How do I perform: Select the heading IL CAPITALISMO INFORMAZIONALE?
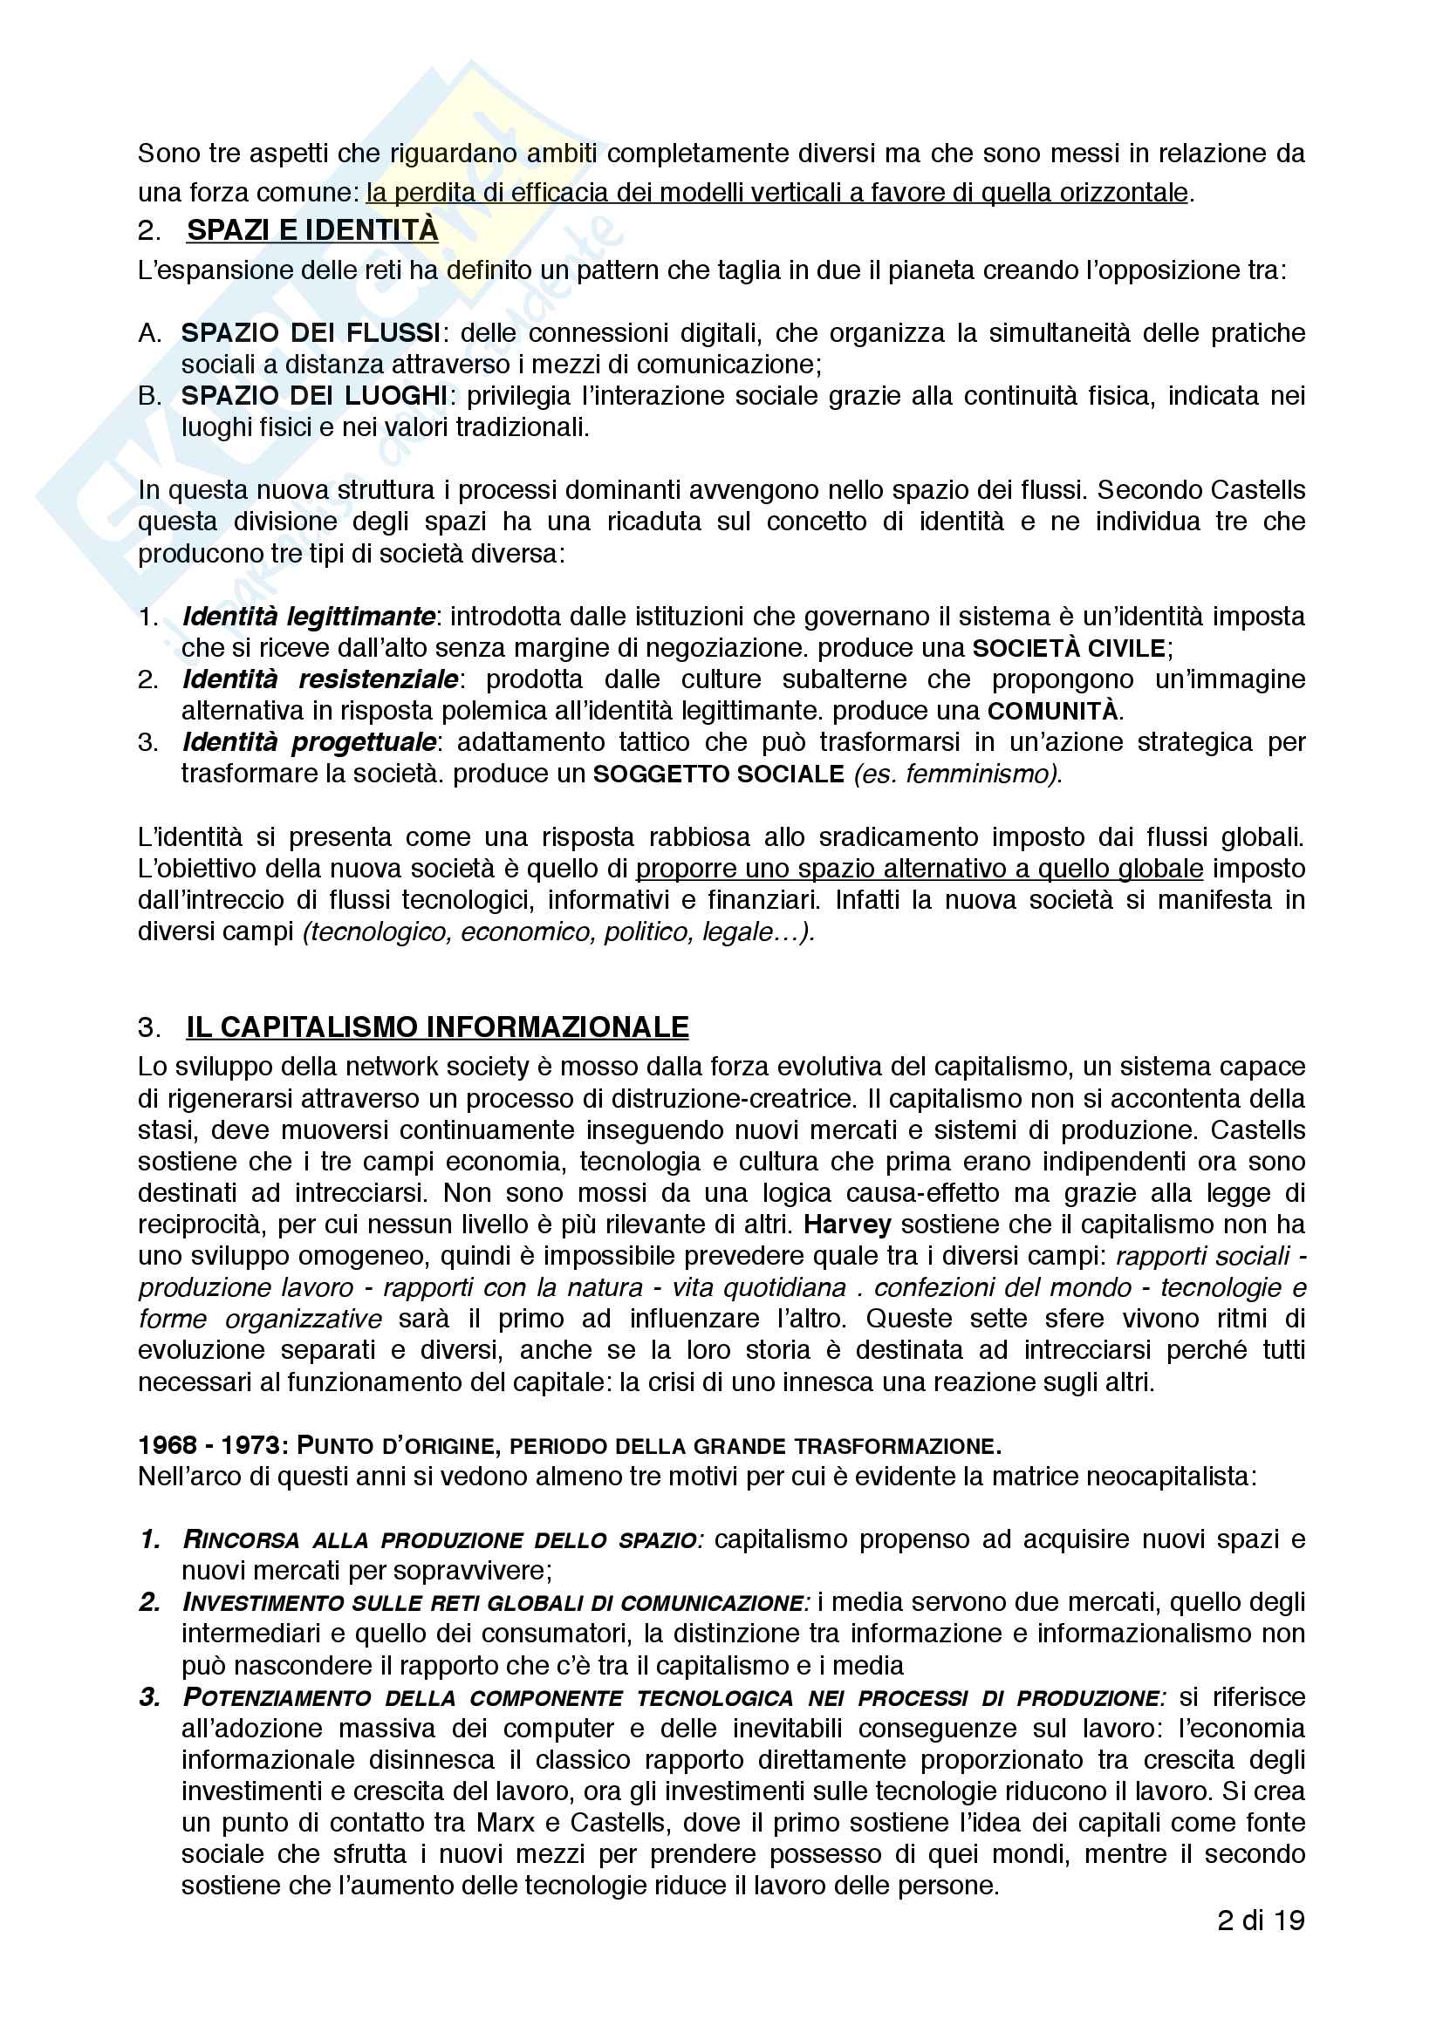(x=437, y=1027)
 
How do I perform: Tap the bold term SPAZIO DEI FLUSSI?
(x=311, y=333)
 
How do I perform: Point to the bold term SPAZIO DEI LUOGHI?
(x=315, y=395)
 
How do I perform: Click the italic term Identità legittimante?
(x=308, y=616)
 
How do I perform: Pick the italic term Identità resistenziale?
(x=320, y=679)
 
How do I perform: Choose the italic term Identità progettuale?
(x=308, y=742)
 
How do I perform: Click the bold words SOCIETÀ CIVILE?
(x=1069, y=648)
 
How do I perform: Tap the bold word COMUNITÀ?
(x=1053, y=711)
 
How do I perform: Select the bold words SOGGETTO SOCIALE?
(x=718, y=774)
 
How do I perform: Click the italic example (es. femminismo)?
(x=957, y=774)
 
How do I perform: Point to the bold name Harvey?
(x=847, y=1225)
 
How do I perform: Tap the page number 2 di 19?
(x=1260, y=1921)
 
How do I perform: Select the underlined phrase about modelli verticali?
(x=776, y=193)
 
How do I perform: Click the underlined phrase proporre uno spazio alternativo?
(x=920, y=868)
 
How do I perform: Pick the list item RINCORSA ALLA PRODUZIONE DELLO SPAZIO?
(x=442, y=1539)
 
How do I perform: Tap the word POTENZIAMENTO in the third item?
(x=277, y=1698)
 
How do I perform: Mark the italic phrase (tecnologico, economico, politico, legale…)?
(x=559, y=931)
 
